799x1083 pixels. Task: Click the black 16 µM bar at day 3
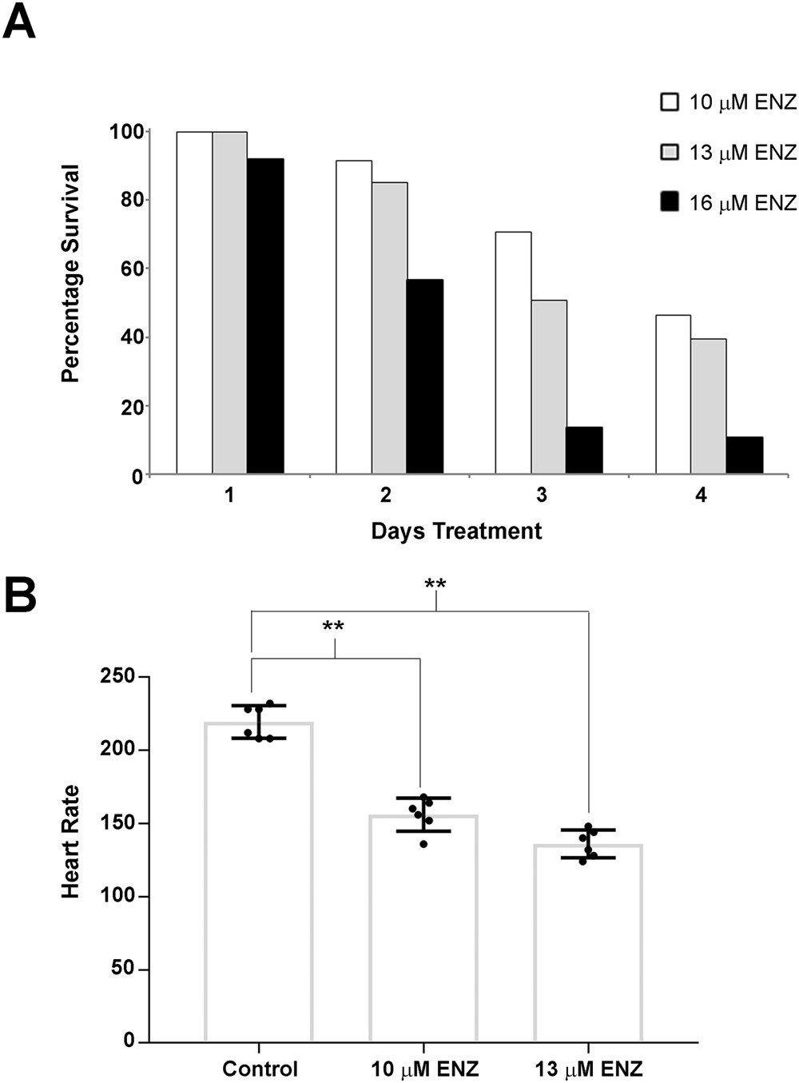584,451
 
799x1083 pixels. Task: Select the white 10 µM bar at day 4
673,394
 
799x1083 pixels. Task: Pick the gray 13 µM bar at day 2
389,328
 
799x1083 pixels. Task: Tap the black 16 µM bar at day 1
265,316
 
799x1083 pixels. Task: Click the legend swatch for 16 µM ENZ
670,203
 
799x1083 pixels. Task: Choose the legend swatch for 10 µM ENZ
670,102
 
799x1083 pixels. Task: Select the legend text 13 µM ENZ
742,153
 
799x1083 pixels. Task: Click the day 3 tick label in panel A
542,496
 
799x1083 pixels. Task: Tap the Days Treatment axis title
456,532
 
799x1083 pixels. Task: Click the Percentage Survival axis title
70,273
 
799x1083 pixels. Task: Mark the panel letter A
19,22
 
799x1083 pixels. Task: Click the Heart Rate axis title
70,842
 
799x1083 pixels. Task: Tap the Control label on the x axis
260,1069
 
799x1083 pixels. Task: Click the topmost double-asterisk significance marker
435,585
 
